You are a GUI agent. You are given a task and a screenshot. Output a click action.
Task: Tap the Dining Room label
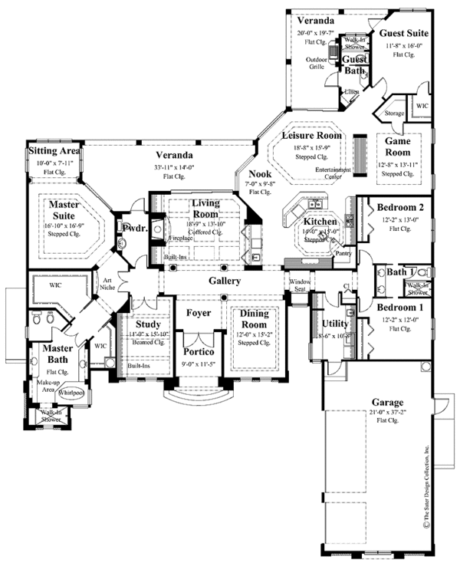pyautogui.click(x=251, y=318)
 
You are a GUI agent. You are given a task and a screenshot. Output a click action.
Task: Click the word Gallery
pyautogui.click(x=224, y=281)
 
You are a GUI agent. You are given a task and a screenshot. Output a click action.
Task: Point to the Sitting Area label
pyautogui.click(x=54, y=152)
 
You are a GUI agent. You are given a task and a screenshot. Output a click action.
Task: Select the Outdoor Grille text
pyautogui.click(x=316, y=63)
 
